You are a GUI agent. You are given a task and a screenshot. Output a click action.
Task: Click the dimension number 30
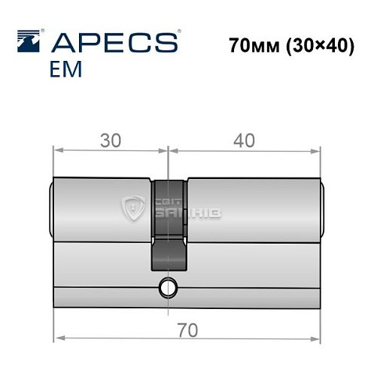[111, 139]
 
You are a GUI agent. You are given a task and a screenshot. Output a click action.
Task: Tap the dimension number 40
[245, 139]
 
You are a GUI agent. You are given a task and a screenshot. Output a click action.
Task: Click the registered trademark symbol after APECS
[177, 33]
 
